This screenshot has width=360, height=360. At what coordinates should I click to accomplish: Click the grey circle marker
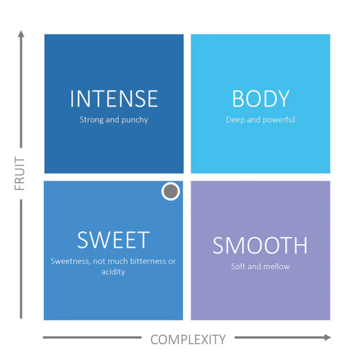pos(171,192)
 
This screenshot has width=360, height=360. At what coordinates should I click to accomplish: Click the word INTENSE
pos(114,99)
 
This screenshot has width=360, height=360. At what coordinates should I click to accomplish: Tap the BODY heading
pos(261,99)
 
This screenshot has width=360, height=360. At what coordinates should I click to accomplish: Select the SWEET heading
pos(113,240)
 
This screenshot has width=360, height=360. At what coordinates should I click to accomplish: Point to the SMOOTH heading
pos(260,245)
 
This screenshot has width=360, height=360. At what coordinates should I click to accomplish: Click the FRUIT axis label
pos(19,174)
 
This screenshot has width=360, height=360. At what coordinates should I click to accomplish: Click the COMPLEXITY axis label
pos(188,340)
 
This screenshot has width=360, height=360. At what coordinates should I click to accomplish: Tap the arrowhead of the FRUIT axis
pos(21,34)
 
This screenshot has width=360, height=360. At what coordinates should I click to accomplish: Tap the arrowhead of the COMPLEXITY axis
pos(328,337)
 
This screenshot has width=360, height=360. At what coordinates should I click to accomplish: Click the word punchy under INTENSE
pos(135,120)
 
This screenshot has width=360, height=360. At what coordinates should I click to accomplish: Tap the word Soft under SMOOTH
pos(238,266)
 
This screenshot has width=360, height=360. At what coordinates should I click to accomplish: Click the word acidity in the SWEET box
pos(113,272)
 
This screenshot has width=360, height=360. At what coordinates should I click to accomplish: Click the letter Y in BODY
pos(283,99)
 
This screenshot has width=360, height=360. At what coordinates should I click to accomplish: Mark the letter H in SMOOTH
pos(301,245)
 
